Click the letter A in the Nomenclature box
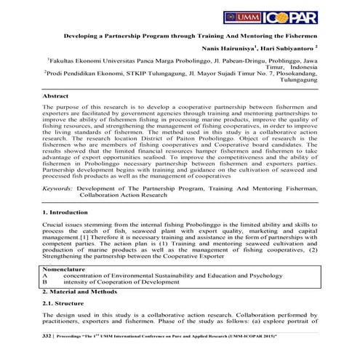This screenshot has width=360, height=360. click(x=45, y=276)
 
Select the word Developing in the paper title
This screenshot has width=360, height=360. click(x=82, y=34)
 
